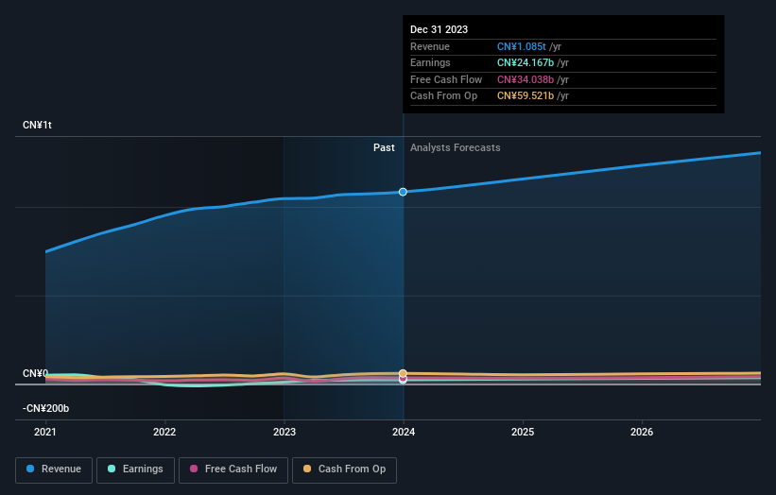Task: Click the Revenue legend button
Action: pos(54,469)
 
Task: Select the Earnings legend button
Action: pos(134,469)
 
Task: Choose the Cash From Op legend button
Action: pos(344,469)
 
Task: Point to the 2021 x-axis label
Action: pos(45,433)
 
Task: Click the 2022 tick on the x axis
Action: pos(164,433)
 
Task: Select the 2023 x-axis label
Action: pos(284,433)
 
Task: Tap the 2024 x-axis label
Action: pos(404,433)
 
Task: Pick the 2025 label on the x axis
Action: pos(523,433)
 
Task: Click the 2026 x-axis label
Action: pos(642,433)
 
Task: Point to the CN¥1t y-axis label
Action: pos(38,126)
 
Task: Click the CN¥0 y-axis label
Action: pos(35,373)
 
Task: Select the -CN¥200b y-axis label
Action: pos(46,408)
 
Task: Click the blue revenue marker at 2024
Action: pos(404,192)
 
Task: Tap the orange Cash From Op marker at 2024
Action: pos(404,374)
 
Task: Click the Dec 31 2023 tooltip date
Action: pos(439,30)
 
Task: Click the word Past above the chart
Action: pos(384,147)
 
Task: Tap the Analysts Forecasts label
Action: pos(455,147)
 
